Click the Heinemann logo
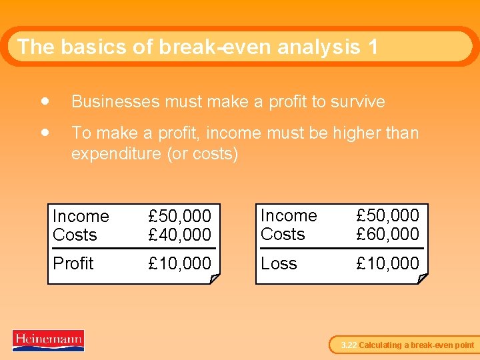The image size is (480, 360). [x=48, y=340]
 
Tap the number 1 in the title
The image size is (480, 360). [x=372, y=47]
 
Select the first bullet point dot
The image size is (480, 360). [x=44, y=101]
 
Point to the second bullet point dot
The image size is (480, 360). [x=44, y=132]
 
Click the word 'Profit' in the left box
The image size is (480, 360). [x=73, y=263]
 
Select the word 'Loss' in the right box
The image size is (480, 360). [x=279, y=263]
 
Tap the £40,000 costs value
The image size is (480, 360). [x=179, y=235]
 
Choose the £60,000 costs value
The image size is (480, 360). [x=387, y=234]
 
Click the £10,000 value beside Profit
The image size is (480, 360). [x=179, y=263]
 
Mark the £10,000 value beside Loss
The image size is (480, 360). [x=387, y=263]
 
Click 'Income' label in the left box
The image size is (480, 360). [x=81, y=216]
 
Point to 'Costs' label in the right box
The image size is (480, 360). [x=283, y=234]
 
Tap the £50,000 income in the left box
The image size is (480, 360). [x=179, y=216]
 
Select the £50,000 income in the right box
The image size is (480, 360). [x=387, y=215]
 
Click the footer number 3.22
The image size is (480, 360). [x=349, y=345]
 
